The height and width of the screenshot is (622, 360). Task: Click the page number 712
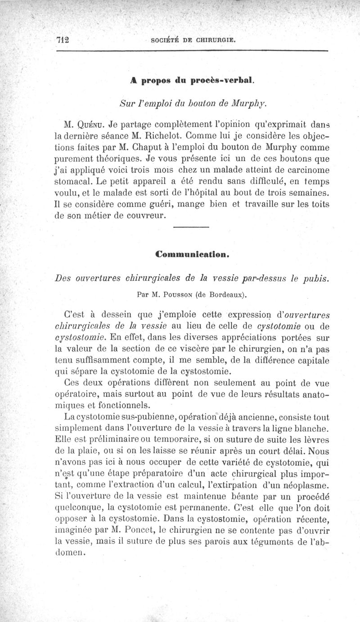point(64,39)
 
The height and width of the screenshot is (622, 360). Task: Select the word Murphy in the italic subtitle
point(249,104)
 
